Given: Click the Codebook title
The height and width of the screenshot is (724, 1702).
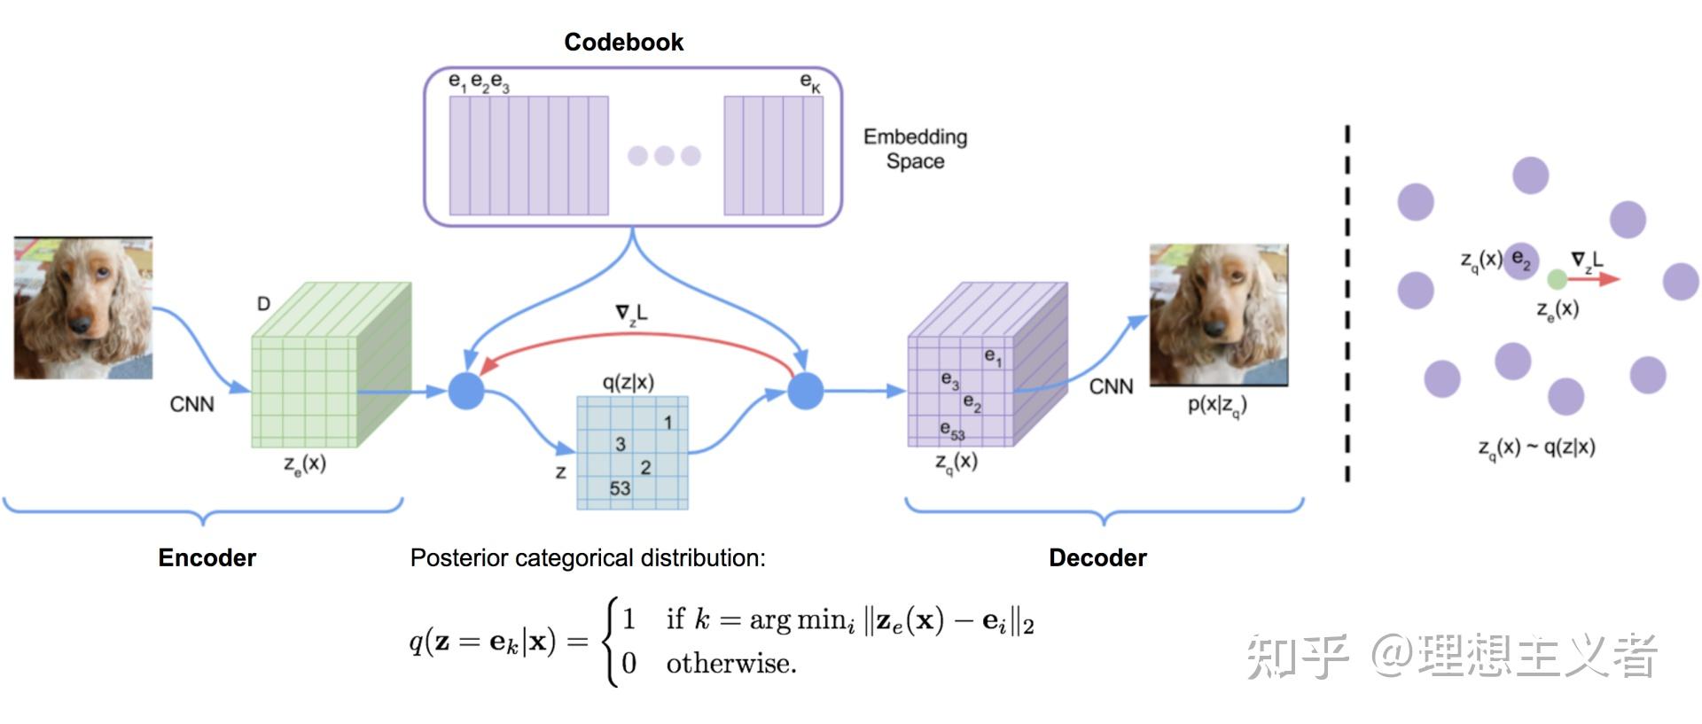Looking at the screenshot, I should pyautogui.click(x=623, y=42).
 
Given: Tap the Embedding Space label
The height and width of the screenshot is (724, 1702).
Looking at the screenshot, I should pyautogui.click(x=915, y=149).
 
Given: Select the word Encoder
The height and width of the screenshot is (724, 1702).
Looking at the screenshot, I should pyautogui.click(x=207, y=557).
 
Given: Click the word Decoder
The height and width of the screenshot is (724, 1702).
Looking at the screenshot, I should pyautogui.click(x=1097, y=557).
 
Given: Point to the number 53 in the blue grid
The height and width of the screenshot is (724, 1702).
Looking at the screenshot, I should pyautogui.click(x=620, y=488).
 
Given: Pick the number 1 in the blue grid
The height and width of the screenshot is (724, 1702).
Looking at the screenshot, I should pyautogui.click(x=668, y=423).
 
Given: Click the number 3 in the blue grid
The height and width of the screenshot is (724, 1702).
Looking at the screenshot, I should pyautogui.click(x=621, y=444).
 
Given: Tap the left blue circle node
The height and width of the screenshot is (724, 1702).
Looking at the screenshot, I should pyautogui.click(x=466, y=391).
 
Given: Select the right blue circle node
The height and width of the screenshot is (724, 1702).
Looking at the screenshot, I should pyautogui.click(x=805, y=391).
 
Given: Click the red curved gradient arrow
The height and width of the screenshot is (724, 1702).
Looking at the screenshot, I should pyautogui.click(x=635, y=335).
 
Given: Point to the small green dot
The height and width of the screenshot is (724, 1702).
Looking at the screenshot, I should pyautogui.click(x=1557, y=280).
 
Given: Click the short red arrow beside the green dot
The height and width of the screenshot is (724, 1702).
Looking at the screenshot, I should pyautogui.click(x=1595, y=279).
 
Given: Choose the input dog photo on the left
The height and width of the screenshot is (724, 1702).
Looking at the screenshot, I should pyautogui.click(x=83, y=308).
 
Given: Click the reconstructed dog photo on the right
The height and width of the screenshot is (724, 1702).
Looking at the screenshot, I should pyautogui.click(x=1219, y=315).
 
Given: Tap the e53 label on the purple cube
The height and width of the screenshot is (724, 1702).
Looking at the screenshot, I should pyautogui.click(x=952, y=431).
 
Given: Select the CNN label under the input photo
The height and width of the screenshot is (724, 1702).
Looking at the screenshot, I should pyautogui.click(x=191, y=404).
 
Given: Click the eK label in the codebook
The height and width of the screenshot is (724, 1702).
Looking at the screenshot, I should pyautogui.click(x=810, y=82).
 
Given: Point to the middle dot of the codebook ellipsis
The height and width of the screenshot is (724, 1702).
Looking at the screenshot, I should pyautogui.click(x=664, y=156).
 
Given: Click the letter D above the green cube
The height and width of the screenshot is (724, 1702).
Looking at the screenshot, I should pyautogui.click(x=263, y=304).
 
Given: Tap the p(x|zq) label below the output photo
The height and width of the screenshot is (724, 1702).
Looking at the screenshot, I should pyautogui.click(x=1217, y=405).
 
